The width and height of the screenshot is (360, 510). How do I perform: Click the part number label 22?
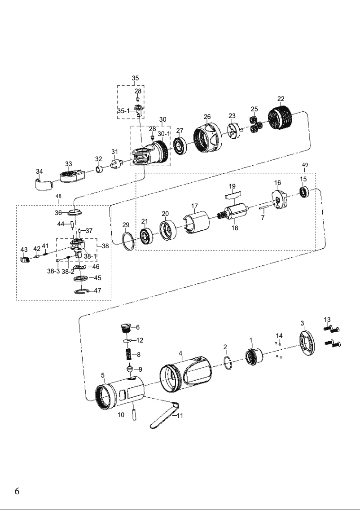tap(281, 99)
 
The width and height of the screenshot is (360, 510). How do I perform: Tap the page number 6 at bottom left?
tap(17, 491)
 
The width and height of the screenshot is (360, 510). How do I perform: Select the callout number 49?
tap(305, 165)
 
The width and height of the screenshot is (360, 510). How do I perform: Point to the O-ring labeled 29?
tap(128, 242)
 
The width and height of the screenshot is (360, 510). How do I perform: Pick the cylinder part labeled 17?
tap(197, 223)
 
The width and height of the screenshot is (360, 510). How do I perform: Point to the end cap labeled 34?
tap(43, 184)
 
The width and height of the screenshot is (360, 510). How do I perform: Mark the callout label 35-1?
tap(123, 110)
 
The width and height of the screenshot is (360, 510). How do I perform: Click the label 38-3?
tap(53, 271)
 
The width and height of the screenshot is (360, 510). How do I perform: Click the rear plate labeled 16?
tap(279, 198)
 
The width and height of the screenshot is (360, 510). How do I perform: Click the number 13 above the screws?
tap(327, 319)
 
